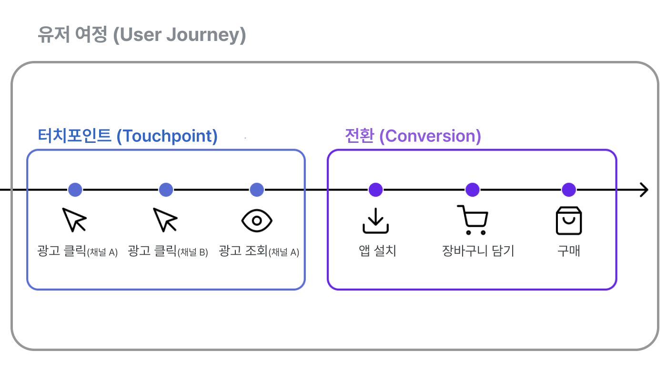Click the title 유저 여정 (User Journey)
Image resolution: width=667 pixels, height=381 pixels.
click(x=141, y=35)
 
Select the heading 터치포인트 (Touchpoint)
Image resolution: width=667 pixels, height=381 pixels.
click(x=128, y=136)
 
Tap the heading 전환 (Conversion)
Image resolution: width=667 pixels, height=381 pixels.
click(x=413, y=136)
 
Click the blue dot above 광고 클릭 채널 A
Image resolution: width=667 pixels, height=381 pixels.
click(x=75, y=190)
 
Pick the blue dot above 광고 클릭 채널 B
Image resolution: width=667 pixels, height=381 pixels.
click(x=166, y=190)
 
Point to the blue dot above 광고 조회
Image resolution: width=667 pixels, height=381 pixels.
click(x=257, y=190)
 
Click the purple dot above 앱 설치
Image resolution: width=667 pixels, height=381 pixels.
click(x=375, y=190)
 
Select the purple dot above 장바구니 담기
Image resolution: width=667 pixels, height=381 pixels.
click(x=472, y=190)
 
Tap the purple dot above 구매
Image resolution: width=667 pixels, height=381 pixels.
click(x=568, y=190)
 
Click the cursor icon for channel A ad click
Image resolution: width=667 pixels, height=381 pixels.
click(x=75, y=220)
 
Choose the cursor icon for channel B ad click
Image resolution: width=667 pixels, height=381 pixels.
click(x=165, y=220)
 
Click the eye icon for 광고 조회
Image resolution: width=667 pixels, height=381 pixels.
click(x=257, y=221)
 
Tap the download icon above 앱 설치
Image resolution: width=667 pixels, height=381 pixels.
click(x=375, y=221)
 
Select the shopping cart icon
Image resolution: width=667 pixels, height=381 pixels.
click(x=472, y=220)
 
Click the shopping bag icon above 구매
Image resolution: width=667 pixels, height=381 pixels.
click(x=569, y=221)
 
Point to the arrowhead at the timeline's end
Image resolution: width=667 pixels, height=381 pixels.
click(x=644, y=190)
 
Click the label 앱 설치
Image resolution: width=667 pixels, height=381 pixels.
click(x=377, y=251)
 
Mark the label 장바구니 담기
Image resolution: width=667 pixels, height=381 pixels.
click(x=478, y=251)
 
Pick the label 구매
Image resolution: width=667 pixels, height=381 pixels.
click(x=569, y=251)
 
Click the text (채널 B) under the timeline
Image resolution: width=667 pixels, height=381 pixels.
click(x=192, y=252)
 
